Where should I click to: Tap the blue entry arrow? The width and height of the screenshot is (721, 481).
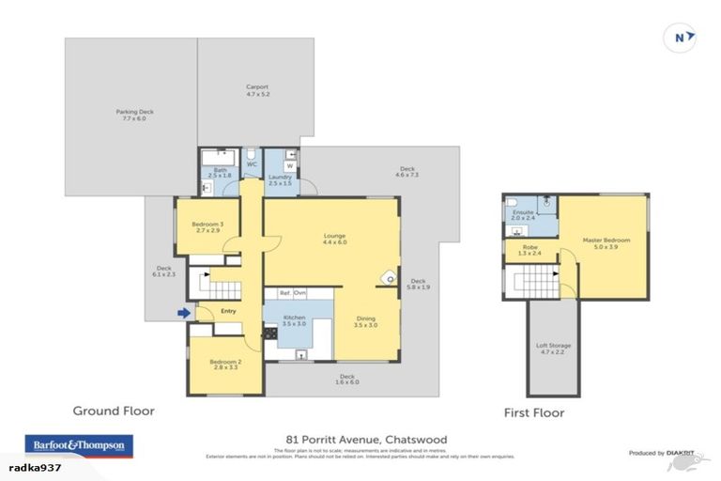pyautogui.click(x=184, y=313)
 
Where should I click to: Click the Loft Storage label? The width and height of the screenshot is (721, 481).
pyautogui.click(x=553, y=349)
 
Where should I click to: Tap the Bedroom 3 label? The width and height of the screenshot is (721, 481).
pyautogui.click(x=207, y=226)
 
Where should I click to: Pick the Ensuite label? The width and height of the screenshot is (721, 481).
pyautogui.click(x=523, y=215)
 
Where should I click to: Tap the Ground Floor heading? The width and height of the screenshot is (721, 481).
pyautogui.click(x=114, y=411)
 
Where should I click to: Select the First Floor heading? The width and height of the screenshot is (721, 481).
pyautogui.click(x=533, y=411)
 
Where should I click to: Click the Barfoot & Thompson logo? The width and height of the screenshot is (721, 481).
pyautogui.click(x=78, y=444)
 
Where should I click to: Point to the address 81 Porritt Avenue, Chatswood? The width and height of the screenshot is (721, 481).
pyautogui.click(x=366, y=439)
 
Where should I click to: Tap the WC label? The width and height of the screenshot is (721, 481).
pyautogui.click(x=252, y=164)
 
